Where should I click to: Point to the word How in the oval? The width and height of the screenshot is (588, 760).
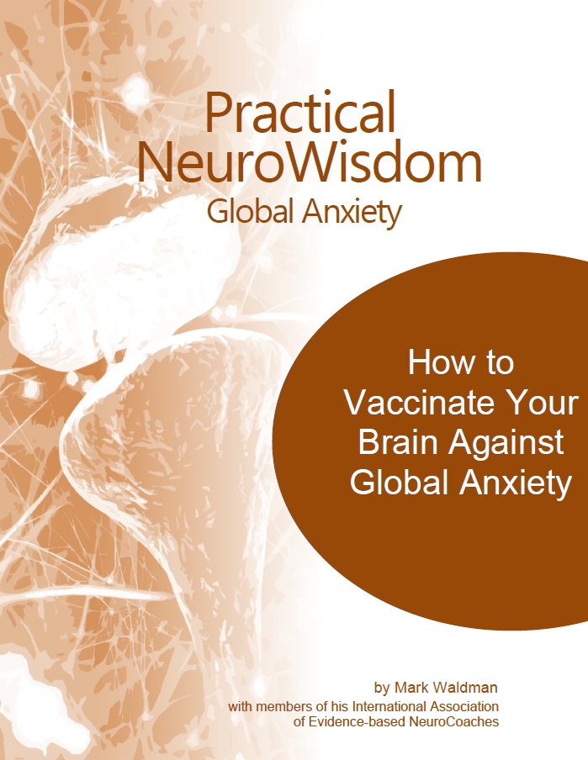click(437, 363)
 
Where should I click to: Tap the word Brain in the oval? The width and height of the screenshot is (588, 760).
click(399, 443)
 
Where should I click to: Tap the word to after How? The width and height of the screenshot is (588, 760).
click(496, 363)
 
